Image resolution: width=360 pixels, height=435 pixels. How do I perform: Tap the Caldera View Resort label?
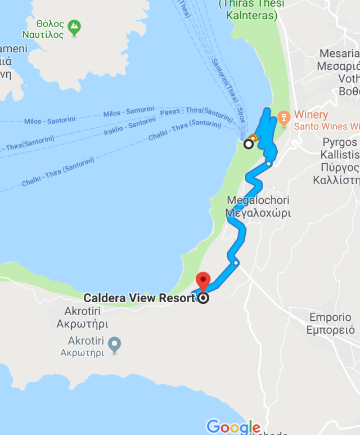point(139,298)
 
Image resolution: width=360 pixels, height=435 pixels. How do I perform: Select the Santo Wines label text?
point(325,126)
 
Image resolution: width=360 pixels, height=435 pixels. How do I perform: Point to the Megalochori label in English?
point(259,200)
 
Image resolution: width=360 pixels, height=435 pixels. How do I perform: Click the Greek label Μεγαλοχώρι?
point(258,213)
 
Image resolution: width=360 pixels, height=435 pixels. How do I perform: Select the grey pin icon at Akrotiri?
point(115,344)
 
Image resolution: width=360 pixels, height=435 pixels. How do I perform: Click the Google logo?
point(233,427)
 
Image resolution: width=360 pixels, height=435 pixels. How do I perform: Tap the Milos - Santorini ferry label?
point(49,121)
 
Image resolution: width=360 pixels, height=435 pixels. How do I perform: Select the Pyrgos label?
point(340,142)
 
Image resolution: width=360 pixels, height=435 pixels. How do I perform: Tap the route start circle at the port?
point(248,145)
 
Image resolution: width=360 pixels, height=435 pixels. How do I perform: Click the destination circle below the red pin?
point(203,298)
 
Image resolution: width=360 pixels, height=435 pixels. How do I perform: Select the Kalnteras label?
point(251,16)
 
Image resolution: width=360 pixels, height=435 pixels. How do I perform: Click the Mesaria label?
point(339,53)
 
